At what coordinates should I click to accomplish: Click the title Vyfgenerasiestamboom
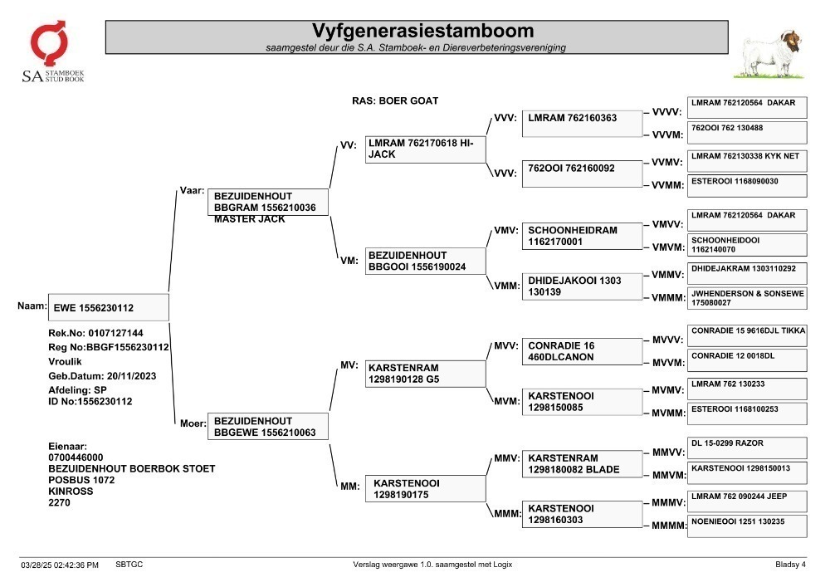click(422, 31)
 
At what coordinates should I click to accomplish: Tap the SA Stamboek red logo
click(49, 42)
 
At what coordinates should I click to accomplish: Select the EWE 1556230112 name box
click(109, 307)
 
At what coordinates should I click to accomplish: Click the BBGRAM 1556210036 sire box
click(268, 203)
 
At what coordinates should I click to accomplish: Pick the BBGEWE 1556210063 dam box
click(268, 426)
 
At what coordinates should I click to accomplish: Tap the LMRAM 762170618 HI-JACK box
click(425, 149)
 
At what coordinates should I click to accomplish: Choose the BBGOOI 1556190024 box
click(425, 261)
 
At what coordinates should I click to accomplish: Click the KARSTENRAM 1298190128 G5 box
click(425, 374)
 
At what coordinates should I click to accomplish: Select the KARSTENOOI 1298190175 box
click(425, 488)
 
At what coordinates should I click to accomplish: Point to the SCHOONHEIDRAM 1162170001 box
click(583, 236)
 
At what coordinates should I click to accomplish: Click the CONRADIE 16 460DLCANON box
click(583, 351)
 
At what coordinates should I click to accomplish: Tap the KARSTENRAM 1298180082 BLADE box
click(583, 463)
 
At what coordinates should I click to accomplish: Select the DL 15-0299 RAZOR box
click(748, 448)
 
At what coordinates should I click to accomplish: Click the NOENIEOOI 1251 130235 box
click(748, 526)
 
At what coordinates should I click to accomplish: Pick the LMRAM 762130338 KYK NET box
click(748, 161)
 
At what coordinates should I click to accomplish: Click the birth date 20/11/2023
click(131, 376)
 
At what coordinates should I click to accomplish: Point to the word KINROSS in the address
click(71, 492)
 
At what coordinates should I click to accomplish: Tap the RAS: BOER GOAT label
click(395, 100)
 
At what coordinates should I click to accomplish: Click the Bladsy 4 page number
click(790, 565)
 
